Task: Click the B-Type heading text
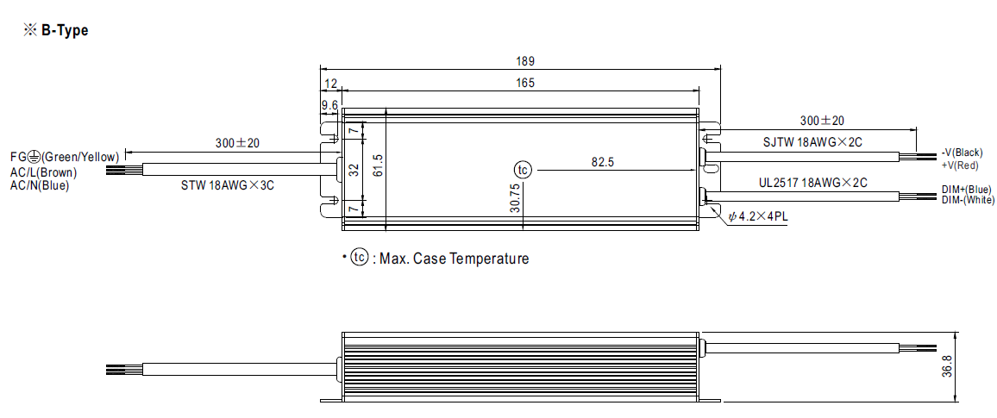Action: (64, 30)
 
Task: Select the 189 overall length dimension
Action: (524, 61)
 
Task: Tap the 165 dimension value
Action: (524, 83)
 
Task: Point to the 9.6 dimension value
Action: (329, 105)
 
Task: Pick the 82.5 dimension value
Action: (602, 162)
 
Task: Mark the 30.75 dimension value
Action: (515, 197)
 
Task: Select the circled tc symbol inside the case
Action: (523, 171)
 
